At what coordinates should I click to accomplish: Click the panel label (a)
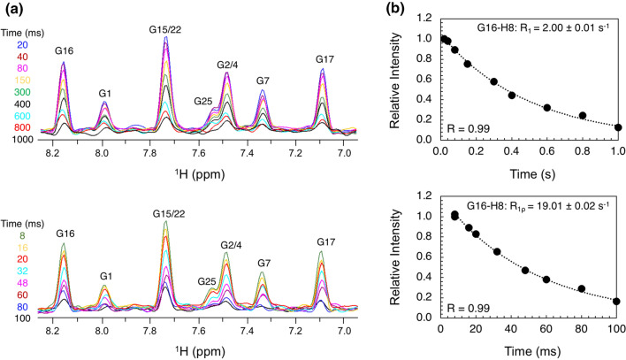pos(14,10)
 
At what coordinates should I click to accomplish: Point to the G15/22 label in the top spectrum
pos(166,30)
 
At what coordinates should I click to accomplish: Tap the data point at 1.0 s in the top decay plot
pos(617,127)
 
